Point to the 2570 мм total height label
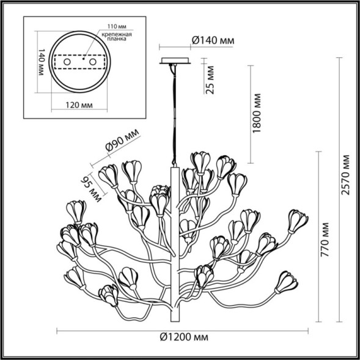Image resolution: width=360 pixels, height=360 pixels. (x=347, y=175)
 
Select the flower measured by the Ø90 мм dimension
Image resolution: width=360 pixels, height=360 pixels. (x=110, y=175)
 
